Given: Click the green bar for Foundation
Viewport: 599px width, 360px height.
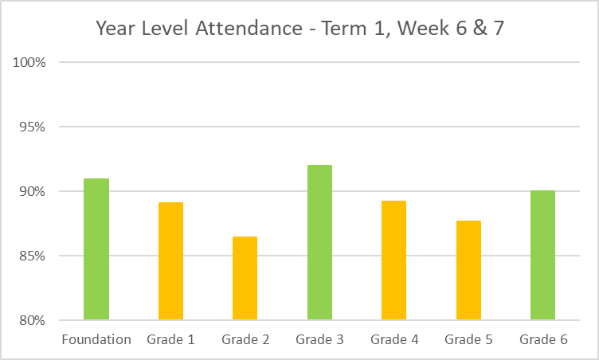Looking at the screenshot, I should pyautogui.click(x=96, y=249).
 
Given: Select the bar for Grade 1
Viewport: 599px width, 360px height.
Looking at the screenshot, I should pyautogui.click(x=170, y=261).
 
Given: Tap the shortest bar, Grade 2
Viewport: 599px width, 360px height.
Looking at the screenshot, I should pyautogui.click(x=245, y=279).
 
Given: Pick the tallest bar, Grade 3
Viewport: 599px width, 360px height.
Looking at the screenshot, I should pyautogui.click(x=319, y=243).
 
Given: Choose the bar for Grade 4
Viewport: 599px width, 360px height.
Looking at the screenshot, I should pyautogui.click(x=393, y=260).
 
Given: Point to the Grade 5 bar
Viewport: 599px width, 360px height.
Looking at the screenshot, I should pyautogui.click(x=468, y=271).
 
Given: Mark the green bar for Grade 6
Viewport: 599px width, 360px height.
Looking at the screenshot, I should pyautogui.click(x=542, y=256).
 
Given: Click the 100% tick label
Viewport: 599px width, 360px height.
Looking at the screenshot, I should pyautogui.click(x=30, y=62).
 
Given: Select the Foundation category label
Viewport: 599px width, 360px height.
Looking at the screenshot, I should pyautogui.click(x=96, y=340).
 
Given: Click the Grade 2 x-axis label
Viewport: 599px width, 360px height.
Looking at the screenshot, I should pyautogui.click(x=245, y=340).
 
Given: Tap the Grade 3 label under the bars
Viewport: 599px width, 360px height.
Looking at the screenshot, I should pyautogui.click(x=319, y=340).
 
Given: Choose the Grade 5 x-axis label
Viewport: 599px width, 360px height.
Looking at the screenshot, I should pyautogui.click(x=468, y=340).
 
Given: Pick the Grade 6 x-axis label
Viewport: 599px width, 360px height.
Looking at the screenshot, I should pyautogui.click(x=543, y=340).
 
